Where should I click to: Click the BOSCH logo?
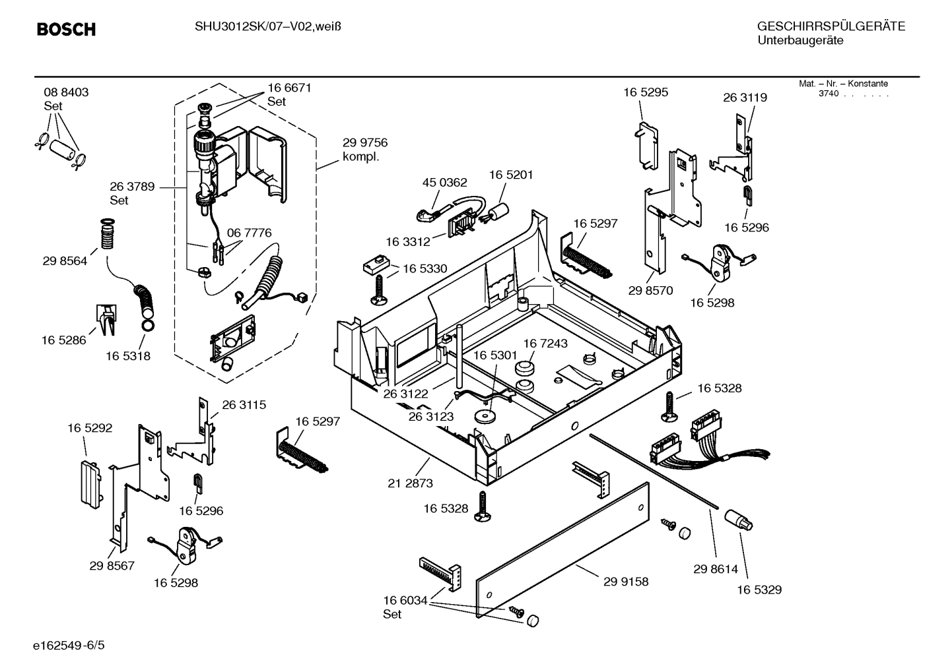(66, 30)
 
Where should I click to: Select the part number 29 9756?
(364, 143)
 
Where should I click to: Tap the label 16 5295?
(645, 92)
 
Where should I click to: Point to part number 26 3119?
(745, 98)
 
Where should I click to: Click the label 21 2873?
(410, 483)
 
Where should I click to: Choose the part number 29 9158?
(625, 582)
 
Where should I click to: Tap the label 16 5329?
(759, 590)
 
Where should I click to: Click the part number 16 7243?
(545, 344)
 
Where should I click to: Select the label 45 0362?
(444, 183)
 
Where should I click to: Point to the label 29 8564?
(65, 261)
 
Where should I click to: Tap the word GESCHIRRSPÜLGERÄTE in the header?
(831, 27)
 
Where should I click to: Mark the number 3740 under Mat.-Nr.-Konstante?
(828, 94)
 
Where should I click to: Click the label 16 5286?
(63, 340)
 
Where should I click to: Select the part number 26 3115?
(244, 405)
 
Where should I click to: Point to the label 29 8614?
(716, 569)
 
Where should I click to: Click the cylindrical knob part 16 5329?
(739, 520)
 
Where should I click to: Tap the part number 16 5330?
(425, 269)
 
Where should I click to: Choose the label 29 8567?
(112, 566)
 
